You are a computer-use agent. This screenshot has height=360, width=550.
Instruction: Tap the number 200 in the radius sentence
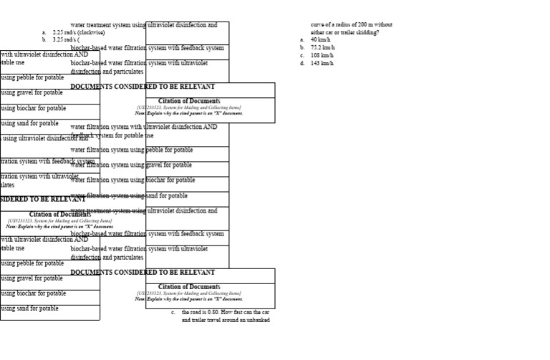coord(357,25)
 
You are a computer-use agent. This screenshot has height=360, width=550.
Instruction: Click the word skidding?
coord(367,32)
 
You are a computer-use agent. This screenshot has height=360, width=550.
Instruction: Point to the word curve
coord(317,25)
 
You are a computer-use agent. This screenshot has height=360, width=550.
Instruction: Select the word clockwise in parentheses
coord(92,33)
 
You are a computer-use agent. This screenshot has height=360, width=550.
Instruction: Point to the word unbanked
coord(257,320)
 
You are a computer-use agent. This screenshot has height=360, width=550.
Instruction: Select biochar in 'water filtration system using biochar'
coord(157,180)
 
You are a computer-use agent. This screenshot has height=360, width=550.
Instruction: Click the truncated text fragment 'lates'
coord(6,185)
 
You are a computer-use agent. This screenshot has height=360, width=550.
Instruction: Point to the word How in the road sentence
coord(231,313)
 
